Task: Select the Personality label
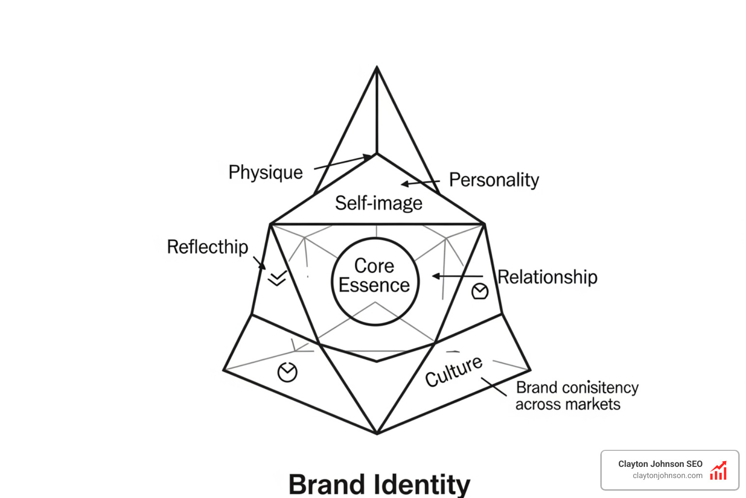click(x=493, y=180)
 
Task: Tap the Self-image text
click(x=378, y=203)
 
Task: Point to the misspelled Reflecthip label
click(x=207, y=247)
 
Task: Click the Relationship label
click(x=547, y=277)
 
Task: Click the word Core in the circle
click(x=374, y=266)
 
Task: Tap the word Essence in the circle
click(x=374, y=285)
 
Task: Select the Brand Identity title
click(x=379, y=484)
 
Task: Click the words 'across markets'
click(x=568, y=404)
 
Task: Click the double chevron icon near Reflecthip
click(x=277, y=278)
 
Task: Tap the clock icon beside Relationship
click(x=480, y=291)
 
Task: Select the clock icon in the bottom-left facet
click(x=287, y=373)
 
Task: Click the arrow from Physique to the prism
click(x=343, y=162)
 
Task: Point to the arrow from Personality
click(x=420, y=183)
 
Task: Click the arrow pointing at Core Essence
click(x=457, y=276)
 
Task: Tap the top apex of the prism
click(x=377, y=68)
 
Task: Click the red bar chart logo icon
click(x=718, y=471)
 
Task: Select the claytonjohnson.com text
click(x=667, y=476)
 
